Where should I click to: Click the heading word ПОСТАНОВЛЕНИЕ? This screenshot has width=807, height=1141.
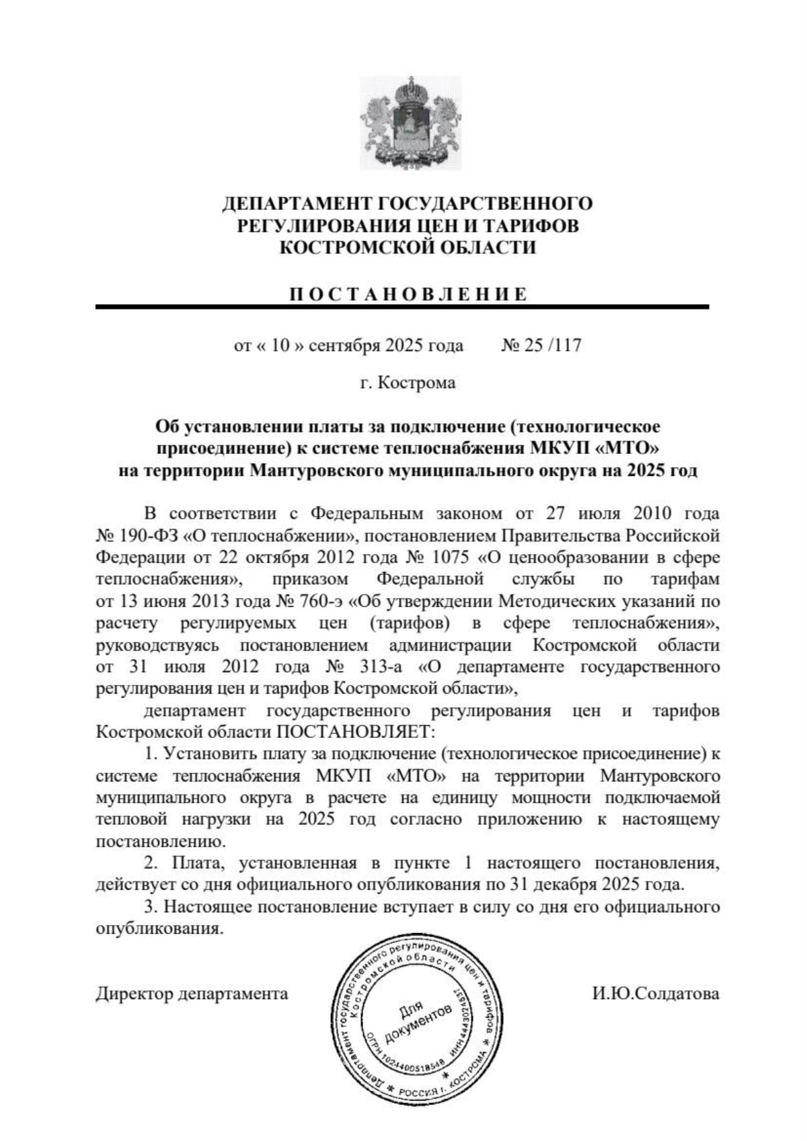[408, 294]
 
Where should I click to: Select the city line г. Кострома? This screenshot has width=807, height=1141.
[408, 383]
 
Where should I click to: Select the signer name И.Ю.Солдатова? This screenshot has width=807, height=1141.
[656, 993]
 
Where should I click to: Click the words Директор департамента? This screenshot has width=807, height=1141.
[192, 993]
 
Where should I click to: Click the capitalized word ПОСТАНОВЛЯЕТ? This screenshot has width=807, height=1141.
[354, 731]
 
